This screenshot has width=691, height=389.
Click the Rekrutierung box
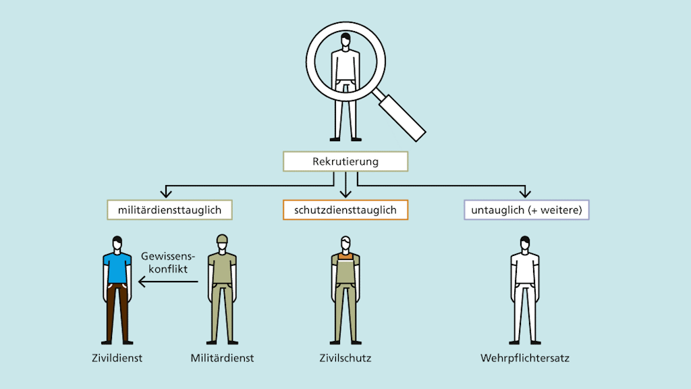[x=345, y=162]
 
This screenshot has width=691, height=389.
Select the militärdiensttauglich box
[x=170, y=210]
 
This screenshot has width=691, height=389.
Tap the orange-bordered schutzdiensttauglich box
[x=345, y=210]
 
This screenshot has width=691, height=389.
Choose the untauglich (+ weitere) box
[x=526, y=210]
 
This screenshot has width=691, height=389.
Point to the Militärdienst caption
[x=223, y=358]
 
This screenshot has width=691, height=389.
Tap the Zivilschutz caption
[x=345, y=358]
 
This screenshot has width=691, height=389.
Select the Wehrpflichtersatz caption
[x=525, y=358]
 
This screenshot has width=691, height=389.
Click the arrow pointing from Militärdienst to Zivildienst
[x=168, y=283]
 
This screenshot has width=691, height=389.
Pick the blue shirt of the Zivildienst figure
[x=117, y=267]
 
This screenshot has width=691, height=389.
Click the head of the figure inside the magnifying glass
[x=345, y=43]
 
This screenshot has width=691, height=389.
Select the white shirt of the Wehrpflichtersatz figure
[x=525, y=268]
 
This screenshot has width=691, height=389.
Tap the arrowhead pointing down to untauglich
[x=526, y=194]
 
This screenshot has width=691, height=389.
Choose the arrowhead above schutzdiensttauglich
[x=345, y=194]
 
